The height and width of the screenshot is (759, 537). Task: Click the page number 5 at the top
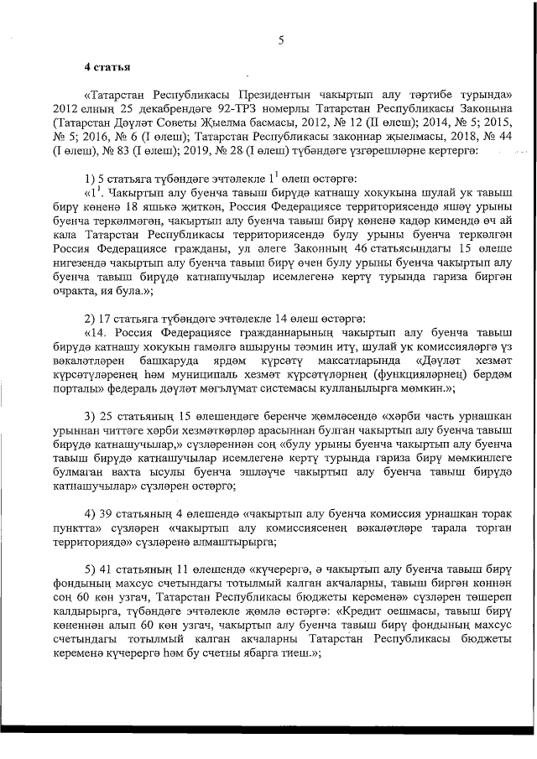282,39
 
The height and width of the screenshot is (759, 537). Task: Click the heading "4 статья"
105,66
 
